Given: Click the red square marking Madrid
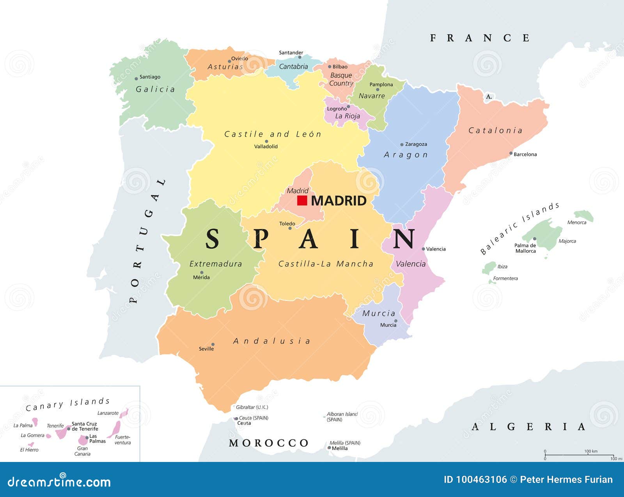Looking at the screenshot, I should (302, 200).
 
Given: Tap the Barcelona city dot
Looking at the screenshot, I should (511, 153).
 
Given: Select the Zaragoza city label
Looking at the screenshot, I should (416, 144).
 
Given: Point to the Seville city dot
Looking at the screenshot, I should (213, 344).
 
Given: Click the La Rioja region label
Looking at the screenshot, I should (347, 116).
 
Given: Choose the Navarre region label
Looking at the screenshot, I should (372, 96).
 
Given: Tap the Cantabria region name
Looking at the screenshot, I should (293, 67).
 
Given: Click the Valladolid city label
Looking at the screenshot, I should (266, 146).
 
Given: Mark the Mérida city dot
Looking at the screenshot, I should (202, 273).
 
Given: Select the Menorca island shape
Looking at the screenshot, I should (584, 215).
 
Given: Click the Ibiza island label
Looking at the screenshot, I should (502, 267).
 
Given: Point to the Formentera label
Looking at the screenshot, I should (505, 278).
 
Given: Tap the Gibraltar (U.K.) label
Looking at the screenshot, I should (252, 407).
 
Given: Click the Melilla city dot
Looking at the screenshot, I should (329, 448).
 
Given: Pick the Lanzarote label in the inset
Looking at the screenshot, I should (108, 413).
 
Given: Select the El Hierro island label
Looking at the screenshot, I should (29, 450).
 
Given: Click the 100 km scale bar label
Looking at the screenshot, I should (591, 451).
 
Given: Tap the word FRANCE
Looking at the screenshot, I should (480, 38).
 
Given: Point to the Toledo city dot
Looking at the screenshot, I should (290, 228).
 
